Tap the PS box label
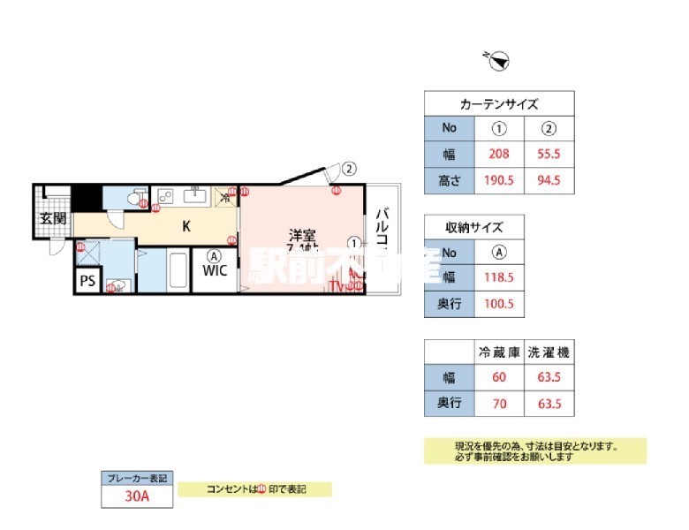pos(87,282)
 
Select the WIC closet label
pos(216,271)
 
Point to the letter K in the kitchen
pos(186,226)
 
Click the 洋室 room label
pos(302,236)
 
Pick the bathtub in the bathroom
pos(177,270)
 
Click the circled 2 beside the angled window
pos(350,168)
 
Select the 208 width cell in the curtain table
pos(499,155)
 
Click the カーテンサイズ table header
pos(499,103)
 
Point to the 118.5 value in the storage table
pos(499,278)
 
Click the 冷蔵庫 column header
pos(499,352)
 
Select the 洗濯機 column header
pos(549,352)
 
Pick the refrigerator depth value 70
pos(499,405)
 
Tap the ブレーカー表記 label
pos(135,477)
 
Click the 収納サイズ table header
pos(474,227)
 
